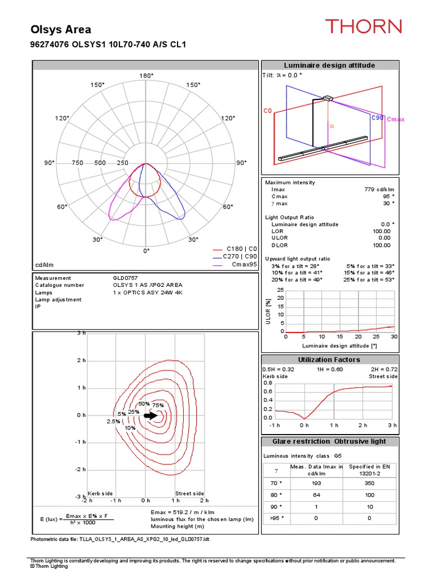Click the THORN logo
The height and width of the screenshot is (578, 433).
pos(363,27)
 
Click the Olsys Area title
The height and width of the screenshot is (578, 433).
pos(60,30)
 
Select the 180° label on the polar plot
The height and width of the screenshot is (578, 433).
pos(146,76)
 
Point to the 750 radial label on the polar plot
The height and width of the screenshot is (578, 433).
pos(78,163)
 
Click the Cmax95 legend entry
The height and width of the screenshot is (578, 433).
pos(244,264)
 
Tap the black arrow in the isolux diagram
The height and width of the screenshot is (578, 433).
pos(151,415)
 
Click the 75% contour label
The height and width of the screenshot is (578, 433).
pos(158,405)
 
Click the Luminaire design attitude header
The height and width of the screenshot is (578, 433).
pos(329,65)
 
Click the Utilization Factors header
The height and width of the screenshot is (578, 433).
pos(329,360)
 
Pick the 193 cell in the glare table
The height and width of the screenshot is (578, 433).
pos(316,484)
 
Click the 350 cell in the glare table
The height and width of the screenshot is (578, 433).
pos(369,484)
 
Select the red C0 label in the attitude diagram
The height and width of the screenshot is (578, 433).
pos(268,111)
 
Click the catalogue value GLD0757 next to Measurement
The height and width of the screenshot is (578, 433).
pos(126,278)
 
